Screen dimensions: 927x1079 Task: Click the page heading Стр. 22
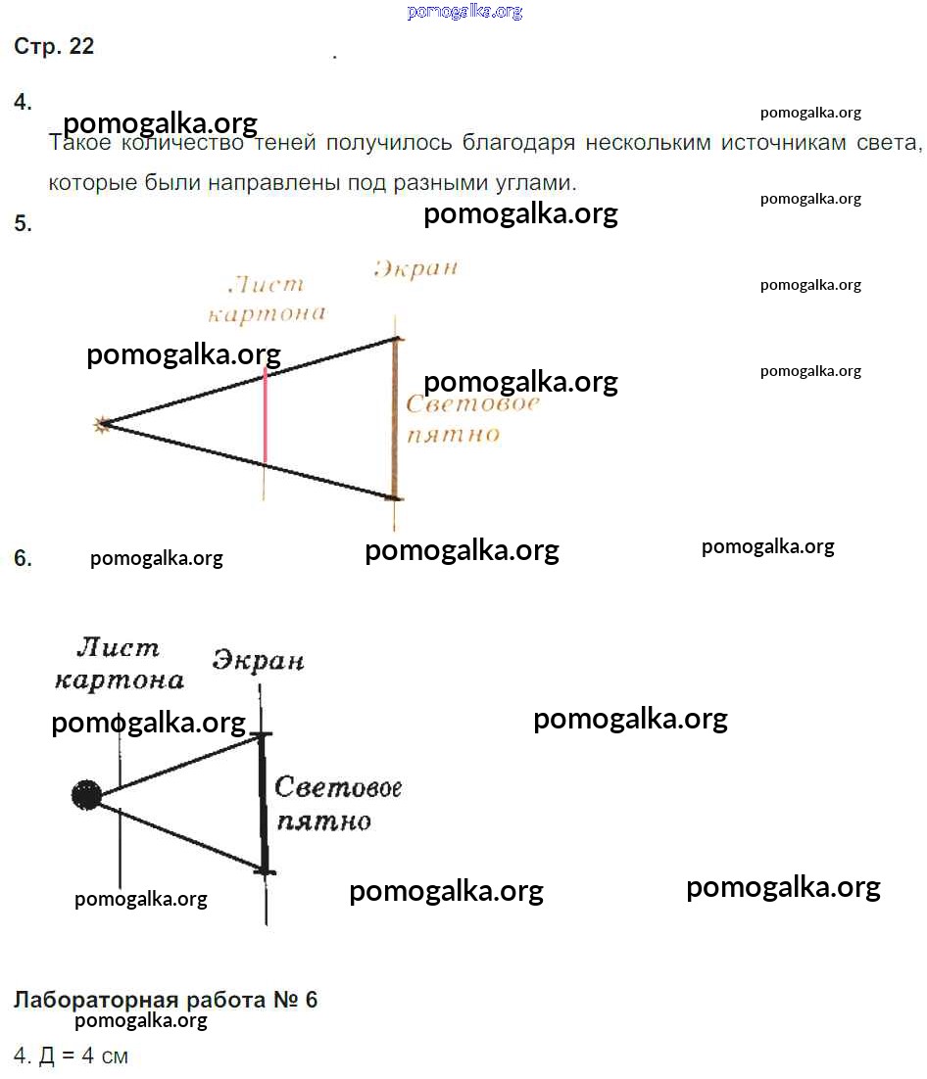[x=54, y=46]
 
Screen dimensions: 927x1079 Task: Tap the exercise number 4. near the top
[x=23, y=102]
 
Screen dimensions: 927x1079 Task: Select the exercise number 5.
[x=23, y=223]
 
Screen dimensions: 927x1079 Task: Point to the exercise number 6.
[x=23, y=557]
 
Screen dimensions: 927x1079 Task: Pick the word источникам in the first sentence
[x=783, y=142]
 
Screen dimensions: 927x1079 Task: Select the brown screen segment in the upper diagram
[x=395, y=418]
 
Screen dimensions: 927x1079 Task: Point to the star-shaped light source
[x=102, y=425]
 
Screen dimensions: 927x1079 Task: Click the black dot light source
[x=87, y=795]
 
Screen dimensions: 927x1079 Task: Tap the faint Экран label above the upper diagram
[x=415, y=268]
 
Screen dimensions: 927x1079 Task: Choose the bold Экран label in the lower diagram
[x=258, y=661]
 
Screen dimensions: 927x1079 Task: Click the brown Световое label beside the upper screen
[x=471, y=403]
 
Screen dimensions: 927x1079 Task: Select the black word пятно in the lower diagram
[x=323, y=821]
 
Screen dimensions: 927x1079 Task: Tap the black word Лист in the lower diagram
[x=118, y=647]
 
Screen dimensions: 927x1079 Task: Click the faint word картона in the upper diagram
[x=267, y=314]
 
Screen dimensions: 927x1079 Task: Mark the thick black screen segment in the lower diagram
[x=263, y=803]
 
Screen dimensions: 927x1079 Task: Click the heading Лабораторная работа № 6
[x=166, y=999]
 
